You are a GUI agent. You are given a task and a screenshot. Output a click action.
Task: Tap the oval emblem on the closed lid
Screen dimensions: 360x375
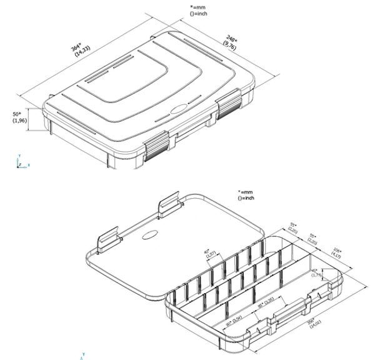[177, 107]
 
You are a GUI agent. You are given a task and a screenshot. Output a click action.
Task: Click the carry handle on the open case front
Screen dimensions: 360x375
[286, 310]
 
